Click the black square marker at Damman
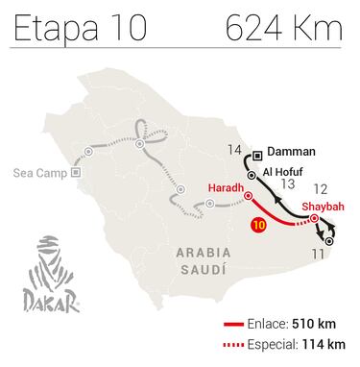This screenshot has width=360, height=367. pyautogui.click(x=258, y=152)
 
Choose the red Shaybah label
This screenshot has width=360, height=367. pyautogui.click(x=322, y=205)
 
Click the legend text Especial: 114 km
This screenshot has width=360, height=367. pyautogui.click(x=299, y=345)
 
